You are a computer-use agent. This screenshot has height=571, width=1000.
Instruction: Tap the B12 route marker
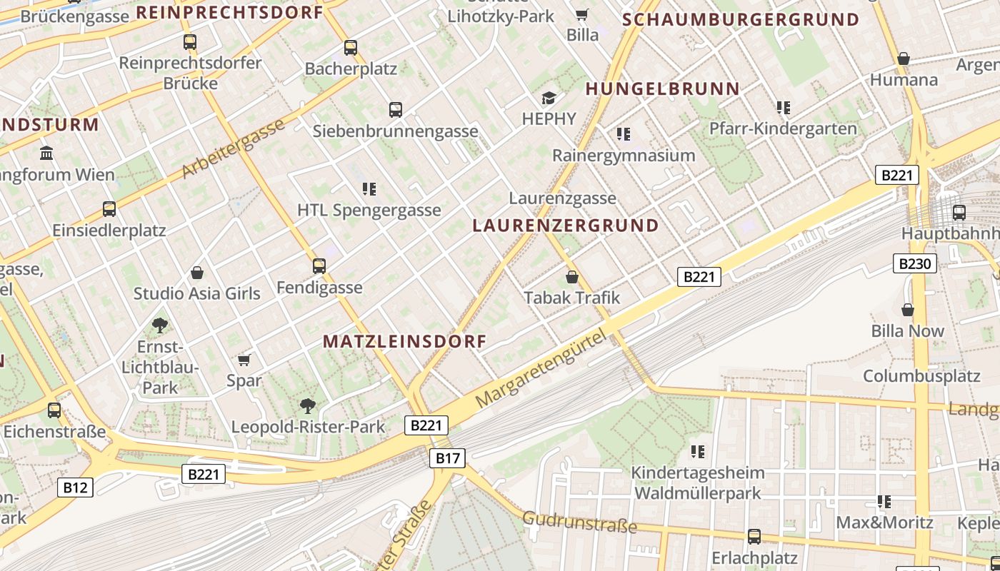click(75, 487)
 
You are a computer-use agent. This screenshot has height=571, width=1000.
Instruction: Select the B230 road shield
click(915, 263)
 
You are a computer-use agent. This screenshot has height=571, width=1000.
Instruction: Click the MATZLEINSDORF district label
click(404, 341)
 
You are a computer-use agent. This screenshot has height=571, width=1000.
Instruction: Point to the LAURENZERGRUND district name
click(566, 226)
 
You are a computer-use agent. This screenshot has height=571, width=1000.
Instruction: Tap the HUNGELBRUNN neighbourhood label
click(663, 89)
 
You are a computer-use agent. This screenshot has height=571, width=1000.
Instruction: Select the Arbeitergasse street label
click(233, 148)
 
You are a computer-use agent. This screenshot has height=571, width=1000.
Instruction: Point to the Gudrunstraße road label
click(579, 522)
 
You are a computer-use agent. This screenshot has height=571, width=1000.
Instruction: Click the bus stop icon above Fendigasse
click(319, 266)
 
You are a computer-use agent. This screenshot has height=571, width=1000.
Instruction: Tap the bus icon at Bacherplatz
click(350, 48)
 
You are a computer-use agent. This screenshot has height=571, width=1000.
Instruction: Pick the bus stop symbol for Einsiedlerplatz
click(109, 209)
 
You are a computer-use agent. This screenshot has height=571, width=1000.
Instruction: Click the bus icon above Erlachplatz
click(754, 536)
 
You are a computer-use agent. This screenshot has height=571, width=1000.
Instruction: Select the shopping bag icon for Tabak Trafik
click(571, 276)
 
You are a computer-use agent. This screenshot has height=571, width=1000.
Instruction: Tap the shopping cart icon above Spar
click(244, 359)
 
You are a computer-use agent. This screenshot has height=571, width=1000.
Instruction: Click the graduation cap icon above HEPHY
click(549, 98)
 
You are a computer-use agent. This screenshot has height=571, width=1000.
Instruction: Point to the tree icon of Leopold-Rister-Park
click(308, 406)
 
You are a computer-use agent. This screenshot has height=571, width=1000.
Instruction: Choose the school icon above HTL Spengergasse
click(369, 189)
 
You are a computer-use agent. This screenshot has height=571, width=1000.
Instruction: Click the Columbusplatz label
click(921, 375)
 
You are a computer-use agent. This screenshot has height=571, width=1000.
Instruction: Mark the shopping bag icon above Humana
click(904, 59)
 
